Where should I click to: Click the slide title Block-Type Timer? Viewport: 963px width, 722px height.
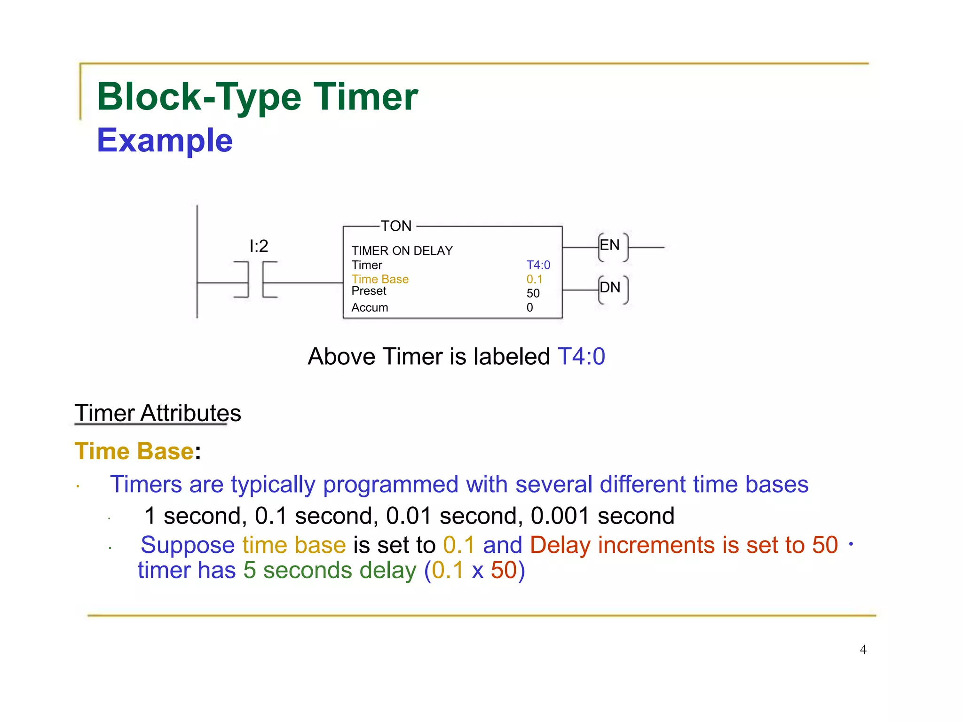click(x=257, y=96)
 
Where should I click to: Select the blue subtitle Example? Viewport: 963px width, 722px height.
click(x=165, y=140)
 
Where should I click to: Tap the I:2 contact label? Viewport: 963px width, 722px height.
click(x=259, y=246)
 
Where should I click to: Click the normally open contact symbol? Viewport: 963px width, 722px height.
click(x=255, y=280)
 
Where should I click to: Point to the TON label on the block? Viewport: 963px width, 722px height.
click(x=396, y=226)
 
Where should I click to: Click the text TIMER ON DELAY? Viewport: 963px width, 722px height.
click(x=402, y=251)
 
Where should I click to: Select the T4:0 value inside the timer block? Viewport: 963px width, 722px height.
click(x=538, y=265)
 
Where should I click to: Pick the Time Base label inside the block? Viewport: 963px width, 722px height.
click(x=380, y=279)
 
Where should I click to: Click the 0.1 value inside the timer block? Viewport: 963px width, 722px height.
click(x=534, y=279)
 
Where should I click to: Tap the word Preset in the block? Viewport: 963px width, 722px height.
click(x=369, y=291)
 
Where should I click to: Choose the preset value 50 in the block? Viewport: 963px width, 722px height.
click(x=533, y=293)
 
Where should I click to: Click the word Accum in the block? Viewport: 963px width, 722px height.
click(x=370, y=307)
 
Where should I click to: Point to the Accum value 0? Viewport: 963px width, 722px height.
click(x=529, y=307)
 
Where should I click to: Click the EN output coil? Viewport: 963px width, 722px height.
click(x=613, y=246)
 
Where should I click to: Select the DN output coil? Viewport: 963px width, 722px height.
click(x=613, y=288)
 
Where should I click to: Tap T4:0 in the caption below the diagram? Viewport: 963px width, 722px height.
click(x=581, y=356)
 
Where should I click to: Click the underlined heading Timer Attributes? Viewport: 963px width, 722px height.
click(x=158, y=413)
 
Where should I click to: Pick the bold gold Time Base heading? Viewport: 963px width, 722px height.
click(x=134, y=451)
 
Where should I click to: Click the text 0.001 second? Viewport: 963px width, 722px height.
click(x=602, y=516)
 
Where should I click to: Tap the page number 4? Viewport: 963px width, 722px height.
click(x=863, y=650)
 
